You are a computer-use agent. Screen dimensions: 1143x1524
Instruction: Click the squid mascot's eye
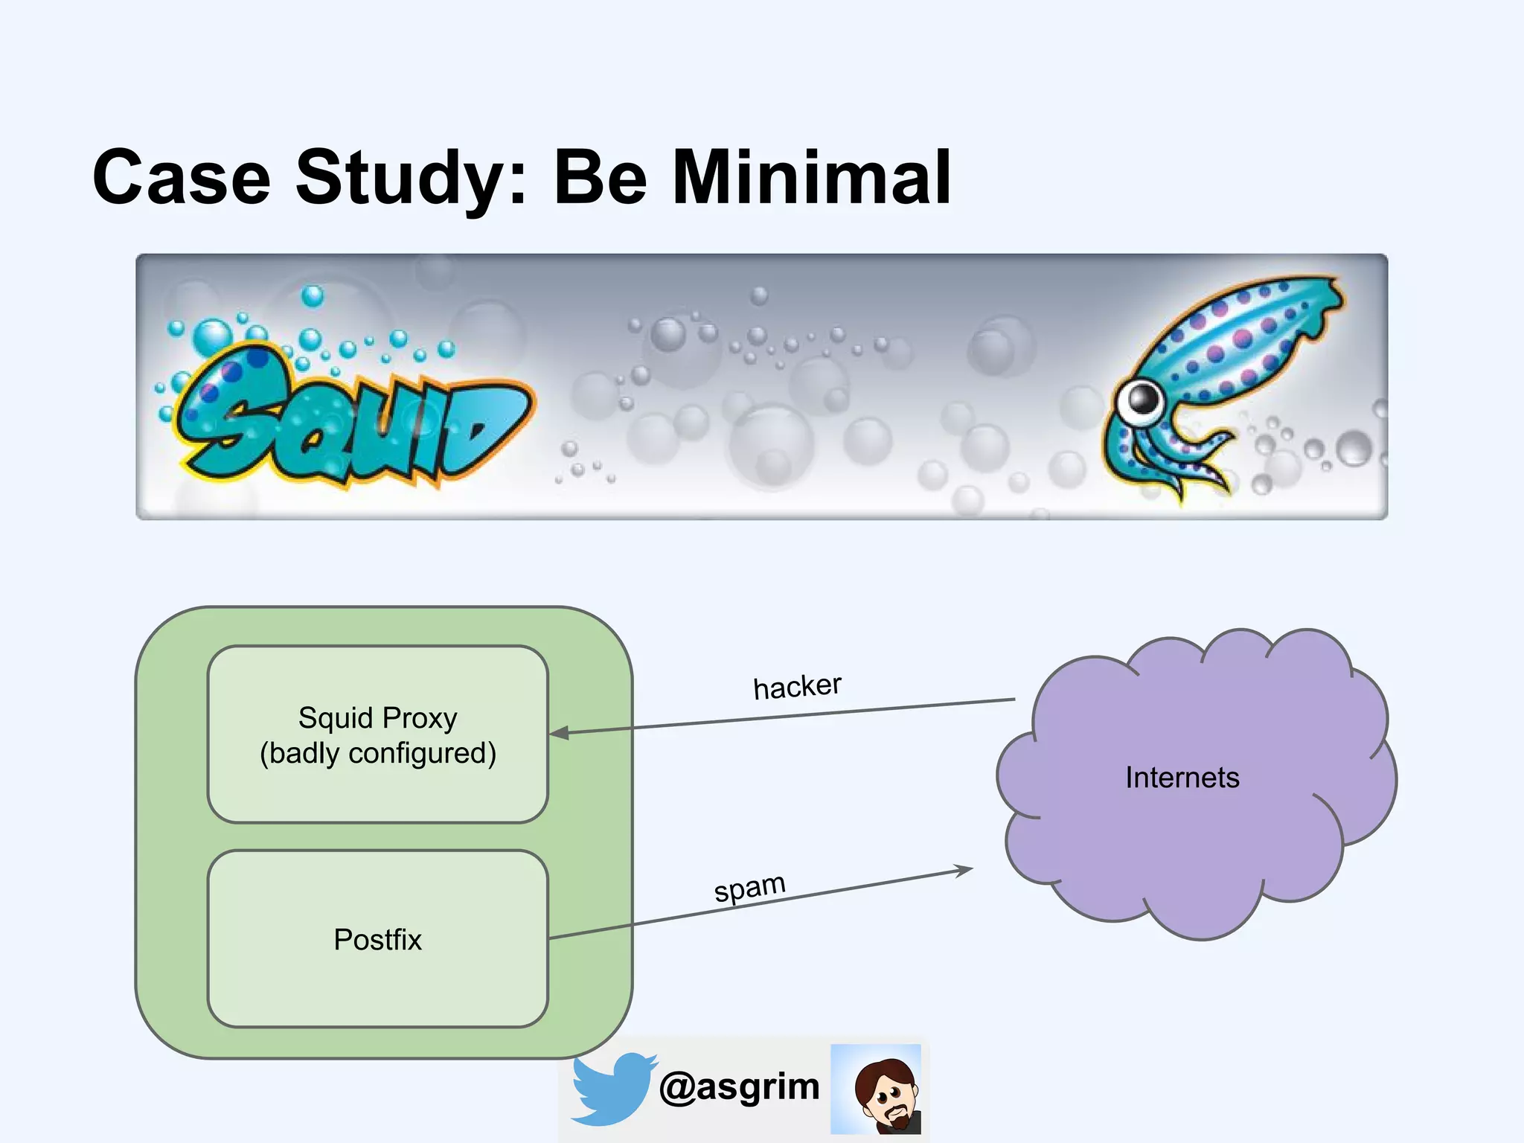tap(1141, 400)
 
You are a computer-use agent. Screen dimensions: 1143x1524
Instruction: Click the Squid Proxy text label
tap(377, 718)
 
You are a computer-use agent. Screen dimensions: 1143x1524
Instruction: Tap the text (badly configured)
tap(377, 753)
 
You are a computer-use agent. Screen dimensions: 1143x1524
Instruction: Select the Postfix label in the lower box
tap(377, 939)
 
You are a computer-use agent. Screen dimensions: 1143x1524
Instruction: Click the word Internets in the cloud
tap(1182, 778)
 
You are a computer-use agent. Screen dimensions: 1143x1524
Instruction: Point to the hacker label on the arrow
tap(797, 686)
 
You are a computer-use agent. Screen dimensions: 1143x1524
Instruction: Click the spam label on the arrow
tap(749, 887)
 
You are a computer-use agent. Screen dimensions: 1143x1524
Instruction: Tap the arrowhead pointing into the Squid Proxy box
tap(559, 733)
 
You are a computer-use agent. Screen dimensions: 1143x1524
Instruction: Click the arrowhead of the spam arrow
tap(965, 869)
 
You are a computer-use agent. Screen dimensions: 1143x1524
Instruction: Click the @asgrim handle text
tap(739, 1086)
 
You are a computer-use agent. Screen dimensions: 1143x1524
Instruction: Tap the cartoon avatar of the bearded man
tap(877, 1089)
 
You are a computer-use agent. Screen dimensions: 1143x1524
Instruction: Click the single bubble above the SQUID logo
tap(312, 296)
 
